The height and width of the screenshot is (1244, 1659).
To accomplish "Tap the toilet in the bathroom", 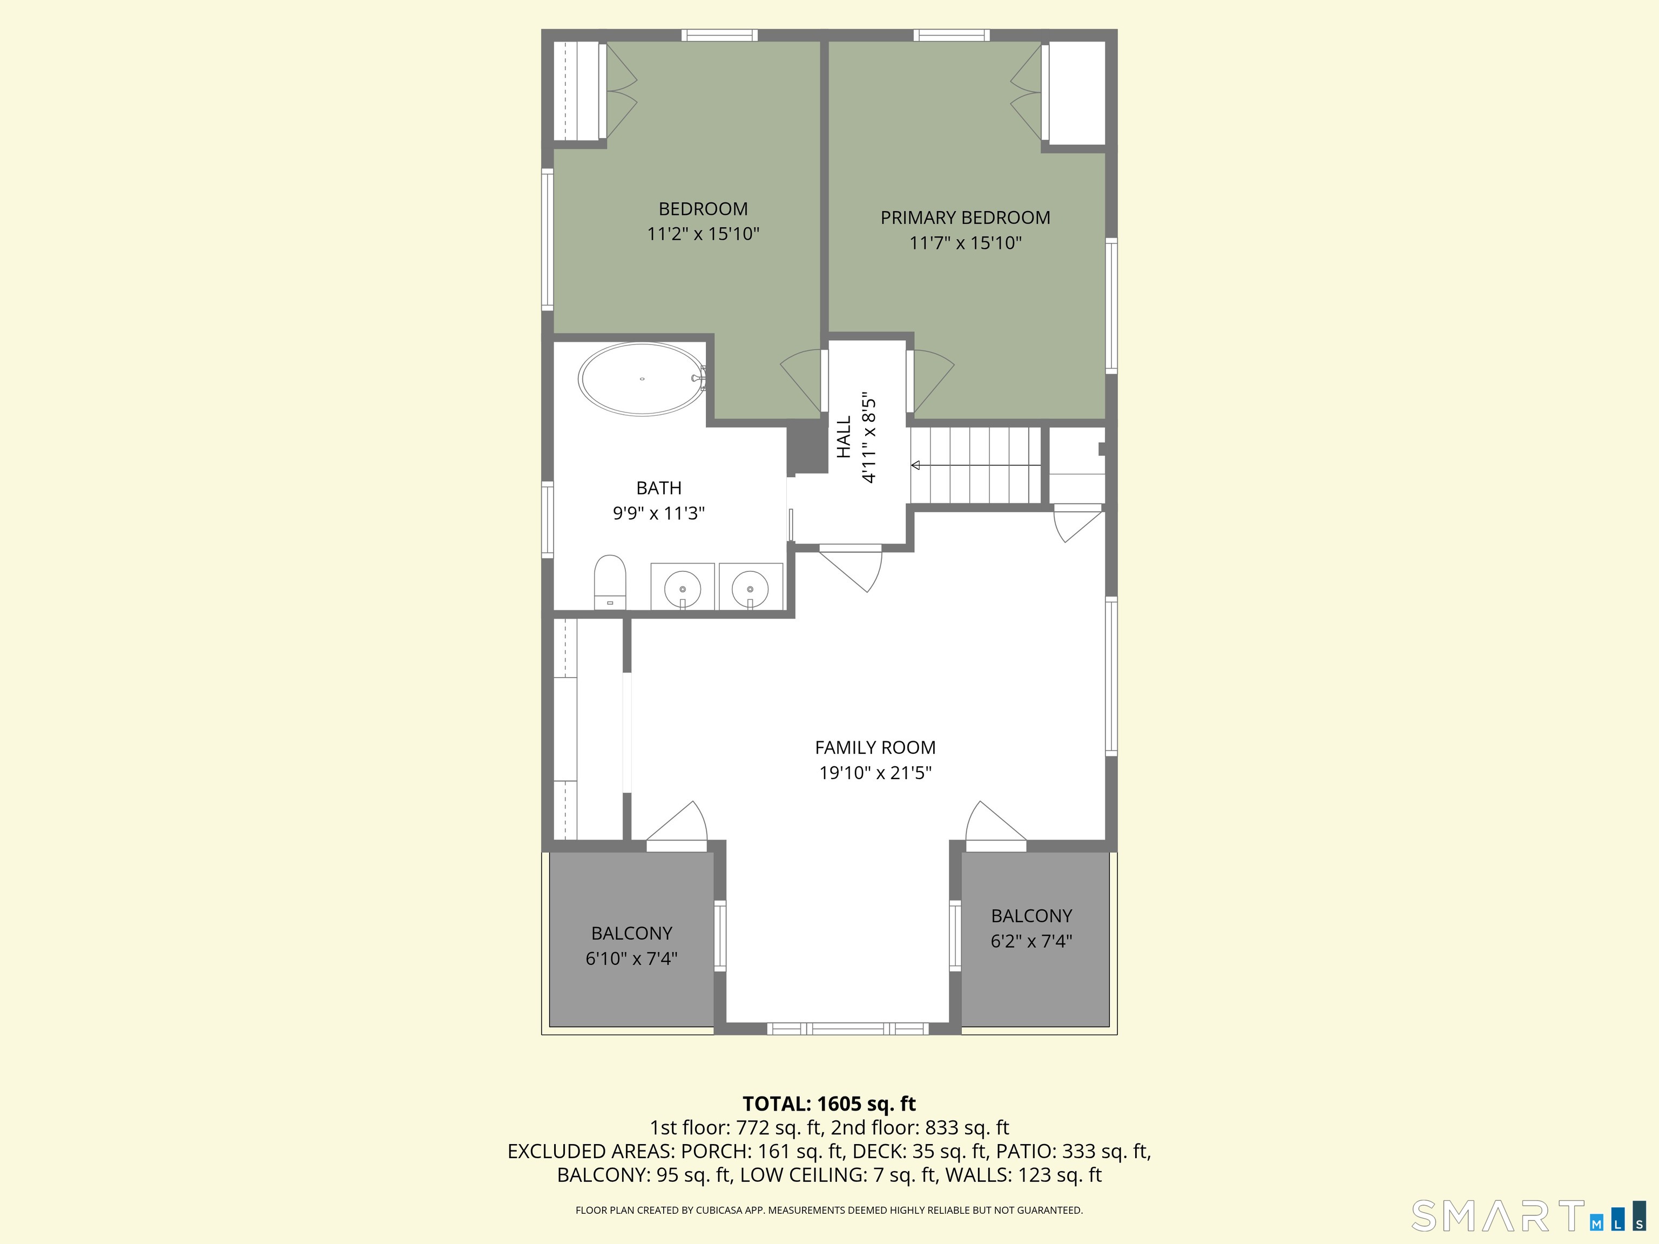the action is click(610, 582).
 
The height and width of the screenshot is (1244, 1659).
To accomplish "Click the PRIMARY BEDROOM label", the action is click(965, 218).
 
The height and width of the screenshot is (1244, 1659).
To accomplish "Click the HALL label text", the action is click(845, 437).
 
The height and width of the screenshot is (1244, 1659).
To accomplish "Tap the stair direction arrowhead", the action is click(916, 465).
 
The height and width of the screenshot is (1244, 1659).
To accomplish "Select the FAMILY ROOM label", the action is click(875, 748).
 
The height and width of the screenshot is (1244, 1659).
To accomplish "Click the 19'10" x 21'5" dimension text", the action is click(875, 772).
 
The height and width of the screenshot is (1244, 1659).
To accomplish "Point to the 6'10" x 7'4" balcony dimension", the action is click(631, 958).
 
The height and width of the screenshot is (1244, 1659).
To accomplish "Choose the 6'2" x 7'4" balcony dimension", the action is click(1031, 941).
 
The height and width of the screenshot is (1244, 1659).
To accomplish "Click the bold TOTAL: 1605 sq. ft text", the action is click(829, 1104).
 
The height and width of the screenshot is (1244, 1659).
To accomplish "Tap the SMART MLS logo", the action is click(1527, 1216).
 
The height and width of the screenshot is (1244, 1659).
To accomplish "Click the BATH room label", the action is click(658, 488).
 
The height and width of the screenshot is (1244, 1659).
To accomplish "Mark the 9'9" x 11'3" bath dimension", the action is click(658, 513).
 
